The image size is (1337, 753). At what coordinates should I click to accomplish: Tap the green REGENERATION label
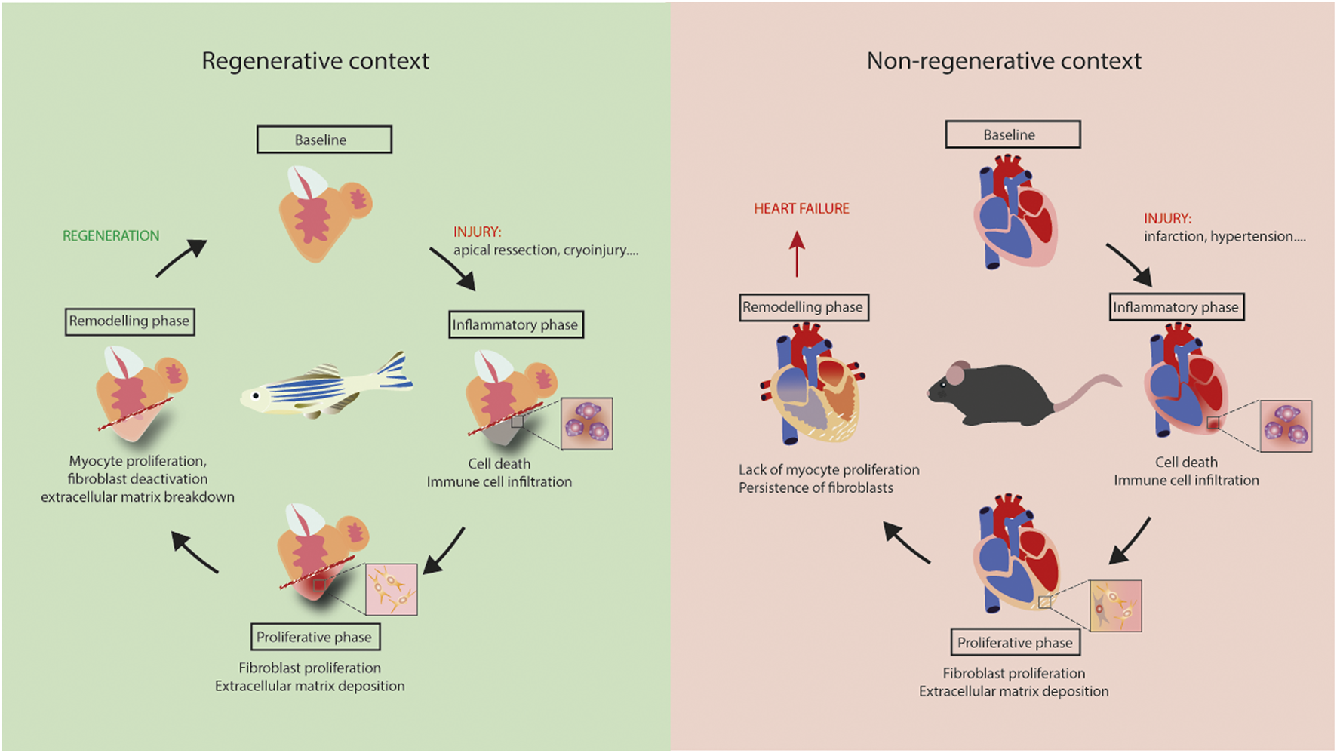click(111, 236)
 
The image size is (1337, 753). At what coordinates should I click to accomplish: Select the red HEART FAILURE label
click(801, 209)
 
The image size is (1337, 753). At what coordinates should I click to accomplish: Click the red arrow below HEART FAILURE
click(797, 254)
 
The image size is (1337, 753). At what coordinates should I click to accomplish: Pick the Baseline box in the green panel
click(324, 140)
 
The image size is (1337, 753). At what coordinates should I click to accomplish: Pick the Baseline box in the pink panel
click(1013, 134)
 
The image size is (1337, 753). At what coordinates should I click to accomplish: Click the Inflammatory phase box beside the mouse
click(1176, 307)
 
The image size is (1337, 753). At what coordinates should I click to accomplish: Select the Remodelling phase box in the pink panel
click(804, 307)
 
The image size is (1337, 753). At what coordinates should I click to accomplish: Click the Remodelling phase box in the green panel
click(130, 321)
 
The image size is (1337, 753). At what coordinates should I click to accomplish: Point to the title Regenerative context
click(315, 61)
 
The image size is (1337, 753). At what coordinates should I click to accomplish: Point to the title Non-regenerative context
click(1004, 61)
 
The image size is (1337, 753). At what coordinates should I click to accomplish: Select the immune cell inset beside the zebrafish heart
click(587, 424)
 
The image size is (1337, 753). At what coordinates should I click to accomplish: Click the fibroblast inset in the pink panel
click(1115, 606)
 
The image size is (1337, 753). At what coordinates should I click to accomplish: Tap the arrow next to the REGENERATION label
click(181, 259)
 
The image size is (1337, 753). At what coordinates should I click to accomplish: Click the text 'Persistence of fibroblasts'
click(816, 488)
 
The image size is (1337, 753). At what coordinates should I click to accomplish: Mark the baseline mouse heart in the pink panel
click(1013, 211)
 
